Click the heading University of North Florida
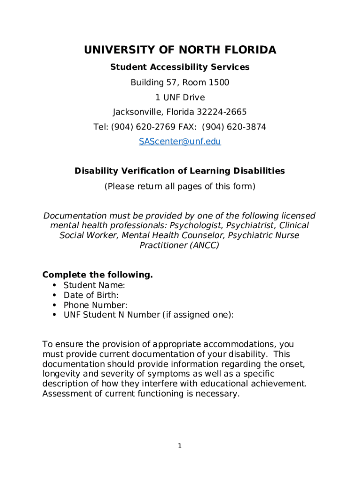point(180,50)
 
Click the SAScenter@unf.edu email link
point(180,141)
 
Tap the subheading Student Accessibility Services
point(180,67)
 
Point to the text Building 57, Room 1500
point(180,83)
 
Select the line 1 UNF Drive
point(180,98)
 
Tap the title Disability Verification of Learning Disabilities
point(180,171)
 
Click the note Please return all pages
point(180,187)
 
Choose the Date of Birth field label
point(91,295)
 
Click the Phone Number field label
point(95,305)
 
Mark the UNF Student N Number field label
point(148,315)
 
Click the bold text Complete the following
point(97,275)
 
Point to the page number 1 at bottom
point(180,446)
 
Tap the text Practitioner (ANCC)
point(180,245)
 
